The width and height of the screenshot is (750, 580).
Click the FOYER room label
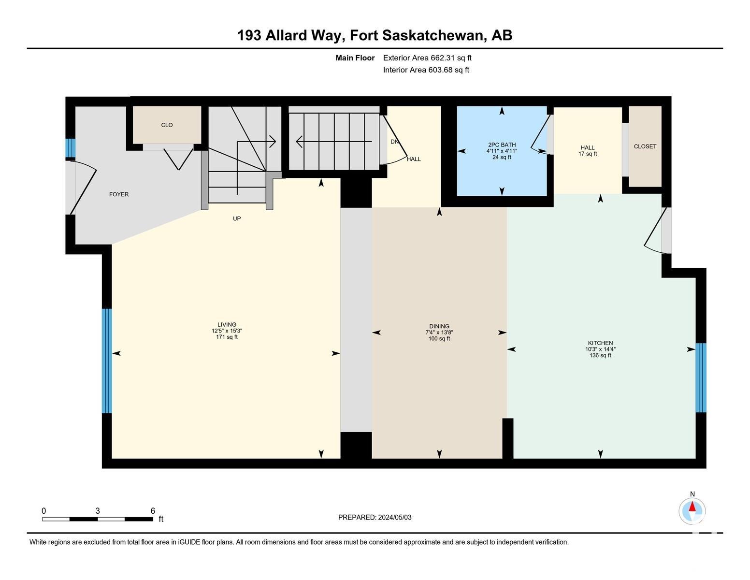(x=119, y=194)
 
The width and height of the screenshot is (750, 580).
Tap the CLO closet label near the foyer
(x=167, y=125)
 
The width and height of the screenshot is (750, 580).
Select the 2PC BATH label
(x=502, y=145)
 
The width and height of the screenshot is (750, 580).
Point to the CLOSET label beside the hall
(x=645, y=146)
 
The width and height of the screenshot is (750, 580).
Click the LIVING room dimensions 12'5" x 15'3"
(x=227, y=331)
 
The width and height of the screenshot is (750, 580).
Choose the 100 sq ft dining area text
(x=439, y=338)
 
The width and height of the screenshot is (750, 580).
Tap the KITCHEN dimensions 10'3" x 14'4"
(x=600, y=349)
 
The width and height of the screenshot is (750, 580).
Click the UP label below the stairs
(x=237, y=218)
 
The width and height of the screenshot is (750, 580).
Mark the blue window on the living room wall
(x=107, y=361)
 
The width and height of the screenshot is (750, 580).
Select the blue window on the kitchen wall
(x=701, y=377)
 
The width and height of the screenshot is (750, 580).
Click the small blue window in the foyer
(x=71, y=148)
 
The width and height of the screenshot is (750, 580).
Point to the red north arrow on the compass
(x=692, y=507)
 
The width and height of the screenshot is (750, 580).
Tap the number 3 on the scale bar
(x=98, y=511)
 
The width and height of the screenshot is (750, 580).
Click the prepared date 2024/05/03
(x=395, y=517)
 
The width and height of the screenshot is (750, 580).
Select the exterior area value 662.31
(x=443, y=58)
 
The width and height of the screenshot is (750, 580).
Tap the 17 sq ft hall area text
(x=588, y=154)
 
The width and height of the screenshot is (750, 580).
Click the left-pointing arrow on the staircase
(x=334, y=142)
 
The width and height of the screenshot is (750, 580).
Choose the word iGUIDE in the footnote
(x=189, y=542)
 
